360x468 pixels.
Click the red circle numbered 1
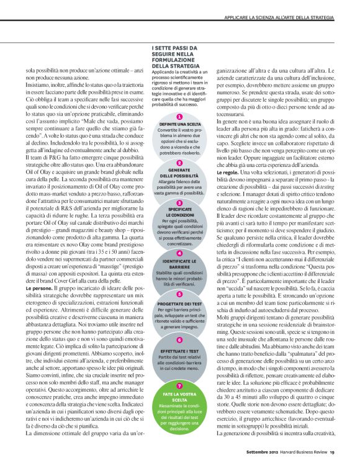tap(179, 117)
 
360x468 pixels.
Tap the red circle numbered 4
tap(179, 253)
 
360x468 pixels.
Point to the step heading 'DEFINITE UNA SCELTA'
tap(179, 124)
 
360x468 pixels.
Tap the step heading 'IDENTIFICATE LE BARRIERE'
tap(179, 264)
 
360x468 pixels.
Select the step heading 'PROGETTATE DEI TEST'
tap(179, 304)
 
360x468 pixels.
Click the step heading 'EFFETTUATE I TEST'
tap(179, 351)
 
